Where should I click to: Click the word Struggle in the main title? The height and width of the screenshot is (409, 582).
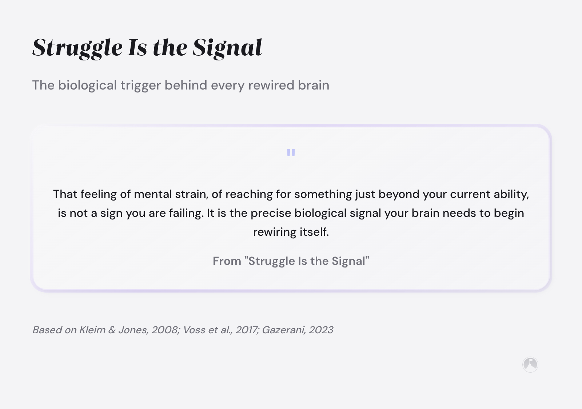77,48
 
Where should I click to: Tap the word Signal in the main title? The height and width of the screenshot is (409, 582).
227,48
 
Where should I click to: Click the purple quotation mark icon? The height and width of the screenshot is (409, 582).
291,152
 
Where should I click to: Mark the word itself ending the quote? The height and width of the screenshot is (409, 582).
314,232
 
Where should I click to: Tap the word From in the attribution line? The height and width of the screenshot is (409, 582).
227,261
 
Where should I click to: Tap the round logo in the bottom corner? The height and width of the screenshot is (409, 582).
530,364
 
